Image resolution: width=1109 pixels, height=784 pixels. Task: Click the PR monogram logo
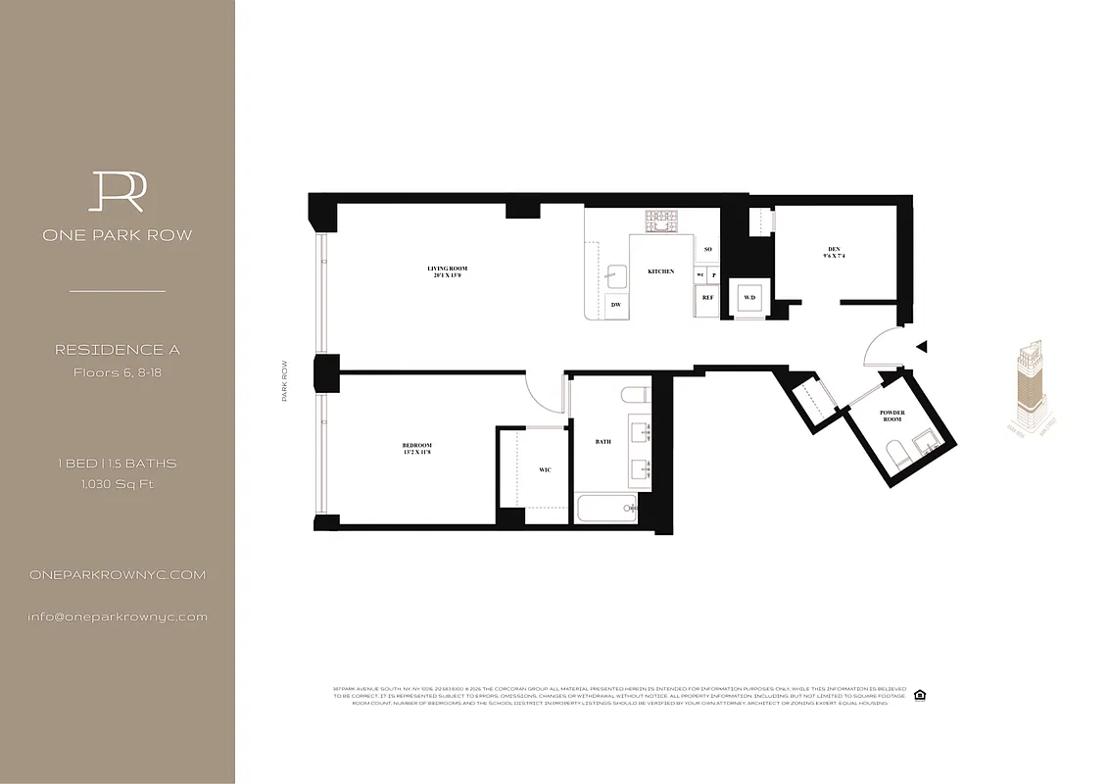coord(117,191)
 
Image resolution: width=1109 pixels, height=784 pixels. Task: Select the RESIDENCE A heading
coord(117,350)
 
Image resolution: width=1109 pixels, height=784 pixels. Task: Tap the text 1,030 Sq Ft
coord(117,483)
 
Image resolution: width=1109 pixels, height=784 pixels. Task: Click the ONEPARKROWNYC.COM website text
coord(118,575)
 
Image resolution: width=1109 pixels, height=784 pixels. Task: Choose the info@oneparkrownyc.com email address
coord(118,616)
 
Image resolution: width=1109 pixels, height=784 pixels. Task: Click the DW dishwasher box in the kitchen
coord(616,305)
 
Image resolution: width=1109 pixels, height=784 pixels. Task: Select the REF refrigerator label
coord(707,297)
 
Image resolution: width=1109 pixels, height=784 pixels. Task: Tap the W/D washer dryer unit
coord(749,297)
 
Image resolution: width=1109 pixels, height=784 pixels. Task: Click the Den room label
coord(834,253)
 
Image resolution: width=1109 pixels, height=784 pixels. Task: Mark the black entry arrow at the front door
coord(919,345)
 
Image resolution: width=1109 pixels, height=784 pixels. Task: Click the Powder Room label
coord(892,416)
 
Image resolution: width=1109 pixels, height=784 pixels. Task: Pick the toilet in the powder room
coord(895,454)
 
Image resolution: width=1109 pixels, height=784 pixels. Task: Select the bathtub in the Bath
coord(605,508)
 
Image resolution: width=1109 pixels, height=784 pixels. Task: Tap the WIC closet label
coord(545,469)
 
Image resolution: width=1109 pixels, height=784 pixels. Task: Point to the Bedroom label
coord(416,449)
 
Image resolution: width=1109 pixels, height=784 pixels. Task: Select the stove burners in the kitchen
coord(661,221)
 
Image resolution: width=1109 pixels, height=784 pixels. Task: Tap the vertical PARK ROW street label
coord(285,379)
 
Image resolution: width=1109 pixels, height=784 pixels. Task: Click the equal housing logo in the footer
coord(919,695)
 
